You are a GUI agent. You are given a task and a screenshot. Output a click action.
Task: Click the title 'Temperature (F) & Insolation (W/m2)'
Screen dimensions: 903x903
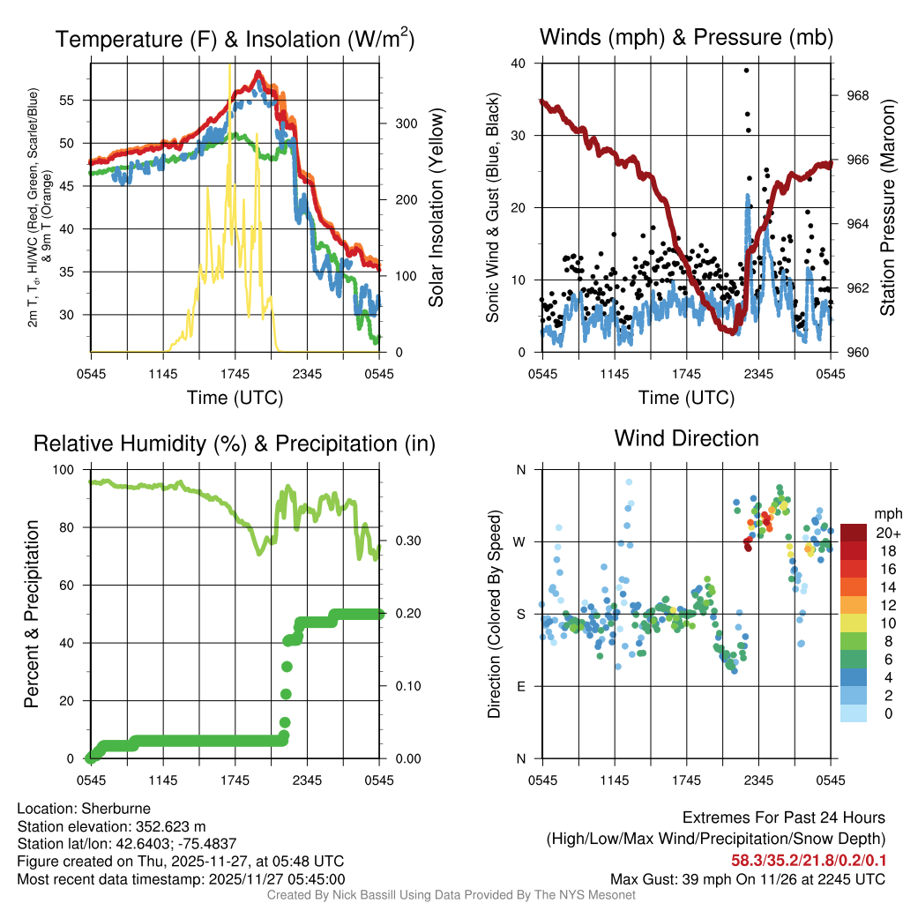point(235,39)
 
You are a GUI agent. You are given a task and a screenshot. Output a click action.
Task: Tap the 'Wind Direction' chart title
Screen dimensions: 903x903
point(686,438)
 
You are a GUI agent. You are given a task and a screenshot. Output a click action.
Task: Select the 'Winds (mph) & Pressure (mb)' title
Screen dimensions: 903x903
point(686,38)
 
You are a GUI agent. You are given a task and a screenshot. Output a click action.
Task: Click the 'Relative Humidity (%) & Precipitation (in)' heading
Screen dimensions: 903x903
point(235,444)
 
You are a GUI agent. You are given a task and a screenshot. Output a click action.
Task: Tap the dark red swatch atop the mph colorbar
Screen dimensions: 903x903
point(854,533)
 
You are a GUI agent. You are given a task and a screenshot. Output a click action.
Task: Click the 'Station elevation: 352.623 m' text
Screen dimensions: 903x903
point(111,826)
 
